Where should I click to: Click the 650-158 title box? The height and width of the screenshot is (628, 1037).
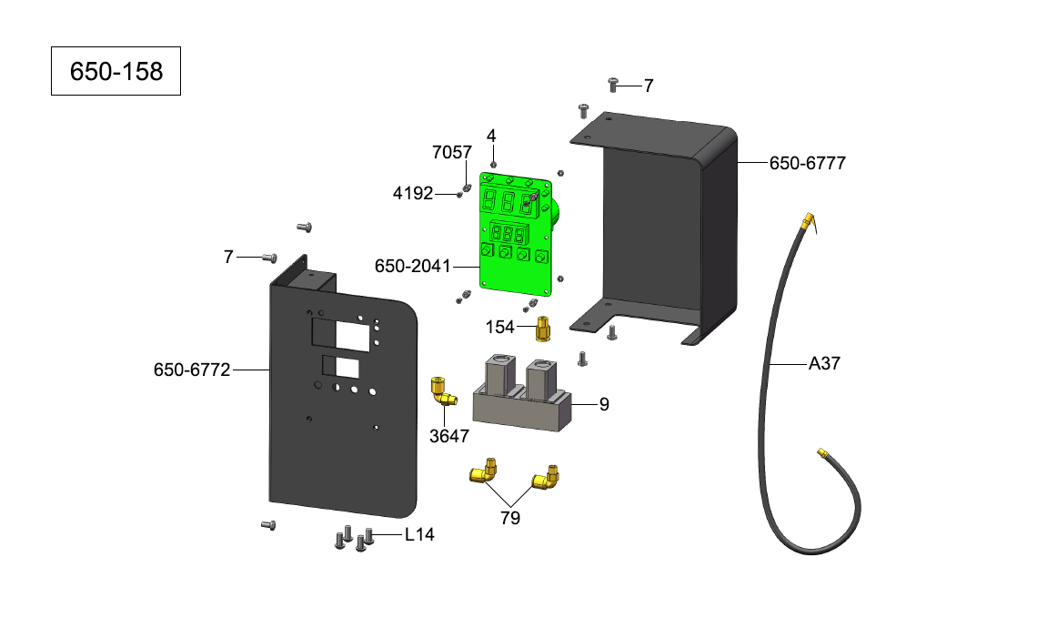[x=116, y=71]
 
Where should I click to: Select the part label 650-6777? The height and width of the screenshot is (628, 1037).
[x=808, y=164]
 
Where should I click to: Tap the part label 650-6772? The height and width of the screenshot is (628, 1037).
[x=192, y=370]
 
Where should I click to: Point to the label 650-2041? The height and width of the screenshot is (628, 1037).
[x=413, y=266]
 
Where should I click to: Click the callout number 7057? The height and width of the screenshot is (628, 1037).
[x=451, y=152]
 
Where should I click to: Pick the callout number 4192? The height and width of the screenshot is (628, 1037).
[x=412, y=194]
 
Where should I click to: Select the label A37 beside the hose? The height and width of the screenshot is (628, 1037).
[x=824, y=364]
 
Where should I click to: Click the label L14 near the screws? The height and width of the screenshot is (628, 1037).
[x=419, y=535]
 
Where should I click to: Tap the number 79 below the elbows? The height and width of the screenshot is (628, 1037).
[x=510, y=518]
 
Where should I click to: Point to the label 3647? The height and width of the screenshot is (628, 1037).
[x=449, y=436]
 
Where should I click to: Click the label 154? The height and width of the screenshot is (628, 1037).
[x=499, y=327]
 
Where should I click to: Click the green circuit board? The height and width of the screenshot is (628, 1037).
[x=516, y=232]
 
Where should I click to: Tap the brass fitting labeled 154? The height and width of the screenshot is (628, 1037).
[x=542, y=329]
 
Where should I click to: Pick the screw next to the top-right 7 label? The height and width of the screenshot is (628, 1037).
[x=612, y=85]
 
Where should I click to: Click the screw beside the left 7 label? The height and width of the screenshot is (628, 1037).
[x=269, y=258]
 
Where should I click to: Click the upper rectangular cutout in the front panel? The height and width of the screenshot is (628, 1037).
[x=337, y=332]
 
